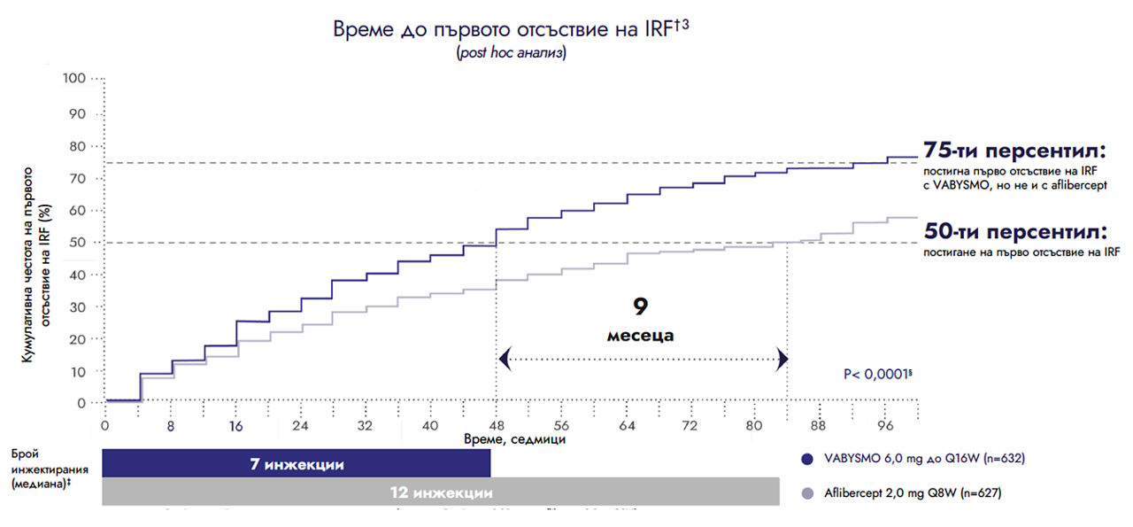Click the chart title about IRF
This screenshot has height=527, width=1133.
[512, 28]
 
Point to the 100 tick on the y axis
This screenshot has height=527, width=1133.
[75, 79]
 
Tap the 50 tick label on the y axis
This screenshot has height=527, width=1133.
[79, 242]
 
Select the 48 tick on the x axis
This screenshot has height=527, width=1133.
[496, 426]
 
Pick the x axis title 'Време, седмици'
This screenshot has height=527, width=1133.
[513, 439]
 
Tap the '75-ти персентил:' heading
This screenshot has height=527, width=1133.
[1015, 149]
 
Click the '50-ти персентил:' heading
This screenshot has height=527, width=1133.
[1015, 233]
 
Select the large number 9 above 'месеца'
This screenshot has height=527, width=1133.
[641, 306]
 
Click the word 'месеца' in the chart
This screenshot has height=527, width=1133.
[641, 336]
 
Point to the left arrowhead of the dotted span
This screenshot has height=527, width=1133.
[505, 359]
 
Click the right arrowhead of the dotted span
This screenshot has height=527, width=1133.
[782, 359]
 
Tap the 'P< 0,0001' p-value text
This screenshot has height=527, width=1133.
[877, 375]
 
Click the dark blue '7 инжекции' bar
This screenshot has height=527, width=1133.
[297, 464]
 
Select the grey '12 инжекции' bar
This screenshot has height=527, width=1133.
[441, 492]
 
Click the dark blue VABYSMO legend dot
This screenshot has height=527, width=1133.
[805, 459]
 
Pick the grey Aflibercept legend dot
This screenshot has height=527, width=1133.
[805, 492]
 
